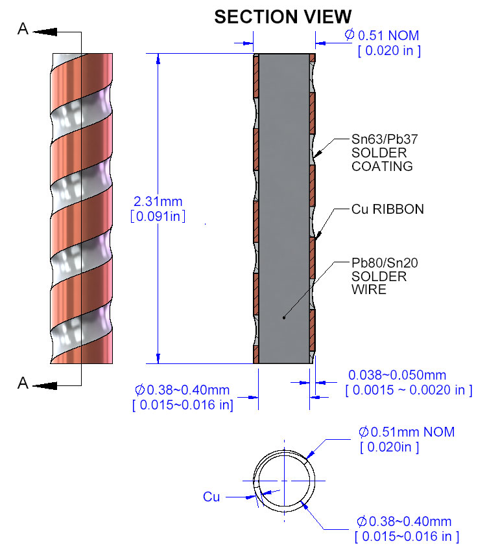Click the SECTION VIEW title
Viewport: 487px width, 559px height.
click(x=283, y=17)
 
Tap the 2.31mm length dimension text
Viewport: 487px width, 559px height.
click(x=158, y=201)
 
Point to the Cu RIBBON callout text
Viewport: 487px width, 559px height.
click(x=387, y=209)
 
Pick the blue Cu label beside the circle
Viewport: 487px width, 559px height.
click(x=211, y=497)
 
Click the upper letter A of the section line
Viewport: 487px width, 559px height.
click(x=23, y=29)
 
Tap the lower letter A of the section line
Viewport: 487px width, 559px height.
click(x=23, y=383)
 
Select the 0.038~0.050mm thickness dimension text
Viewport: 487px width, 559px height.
click(x=397, y=375)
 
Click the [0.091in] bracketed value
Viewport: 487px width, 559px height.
click(x=158, y=216)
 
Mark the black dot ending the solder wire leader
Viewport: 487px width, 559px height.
click(x=284, y=317)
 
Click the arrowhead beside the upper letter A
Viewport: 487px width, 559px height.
click(x=45, y=32)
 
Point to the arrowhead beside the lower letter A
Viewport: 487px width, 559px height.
click(x=45, y=385)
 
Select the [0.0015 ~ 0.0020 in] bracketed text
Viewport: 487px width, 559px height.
click(x=409, y=390)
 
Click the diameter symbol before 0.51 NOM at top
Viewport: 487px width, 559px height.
click(x=350, y=34)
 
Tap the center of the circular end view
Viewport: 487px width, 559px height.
click(x=284, y=481)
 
